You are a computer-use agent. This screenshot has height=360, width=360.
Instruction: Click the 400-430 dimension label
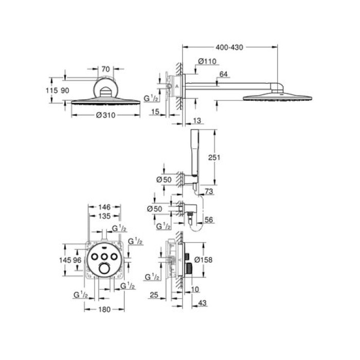[229, 47]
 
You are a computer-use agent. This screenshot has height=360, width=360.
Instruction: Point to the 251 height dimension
[214, 158]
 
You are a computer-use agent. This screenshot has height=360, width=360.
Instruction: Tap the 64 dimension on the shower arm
[224, 75]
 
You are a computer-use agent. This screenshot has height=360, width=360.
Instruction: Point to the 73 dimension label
[208, 192]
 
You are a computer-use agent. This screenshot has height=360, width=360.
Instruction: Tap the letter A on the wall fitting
[176, 86]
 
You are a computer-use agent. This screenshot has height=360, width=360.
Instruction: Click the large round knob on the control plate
[104, 269]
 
